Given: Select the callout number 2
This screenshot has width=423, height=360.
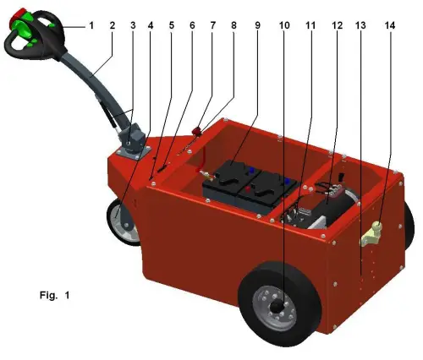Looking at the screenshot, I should [112, 25].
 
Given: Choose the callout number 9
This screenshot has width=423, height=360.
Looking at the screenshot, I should [256, 25].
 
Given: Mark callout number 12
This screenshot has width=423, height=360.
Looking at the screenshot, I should [338, 25].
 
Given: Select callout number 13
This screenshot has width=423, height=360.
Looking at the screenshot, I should [361, 25].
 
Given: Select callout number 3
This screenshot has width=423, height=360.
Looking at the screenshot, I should [131, 25].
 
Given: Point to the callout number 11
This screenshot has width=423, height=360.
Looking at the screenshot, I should [310, 25].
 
